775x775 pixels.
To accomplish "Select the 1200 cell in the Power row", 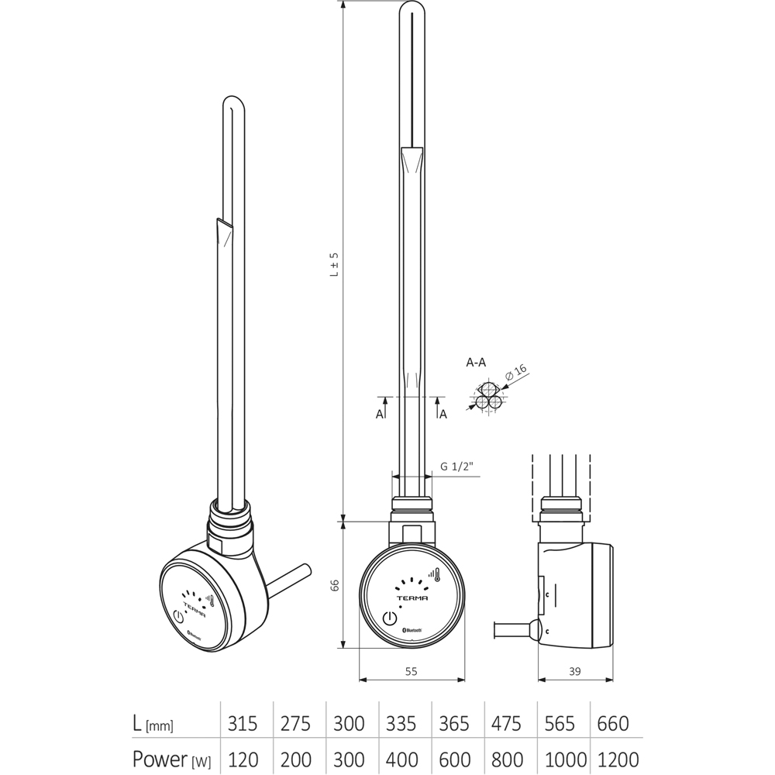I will coord(618,759).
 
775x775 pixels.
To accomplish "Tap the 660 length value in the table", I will coord(612,724).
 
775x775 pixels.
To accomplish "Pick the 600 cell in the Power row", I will coord(454,759).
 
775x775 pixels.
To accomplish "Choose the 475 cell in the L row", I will coord(507,724).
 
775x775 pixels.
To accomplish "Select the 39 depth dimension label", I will coord(574,671).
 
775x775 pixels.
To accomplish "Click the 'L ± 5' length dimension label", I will coord(336,263).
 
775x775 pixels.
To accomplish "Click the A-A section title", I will coord(476,362).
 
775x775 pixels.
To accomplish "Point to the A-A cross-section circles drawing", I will coord(487,397).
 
